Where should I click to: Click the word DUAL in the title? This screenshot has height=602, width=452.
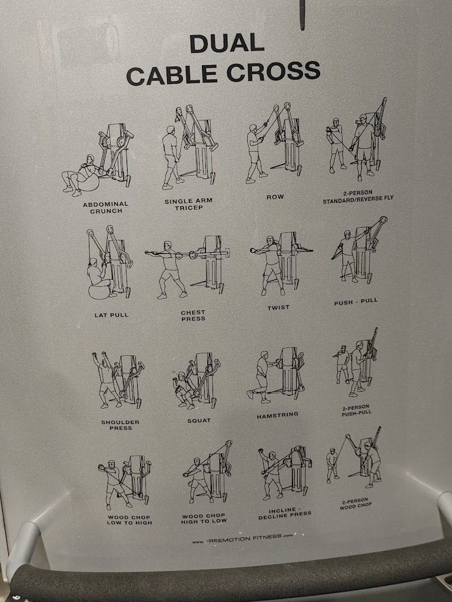coord(227,44)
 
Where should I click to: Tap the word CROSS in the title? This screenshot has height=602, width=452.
coord(273,72)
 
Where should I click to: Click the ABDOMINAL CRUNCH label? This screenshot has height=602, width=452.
coord(106,208)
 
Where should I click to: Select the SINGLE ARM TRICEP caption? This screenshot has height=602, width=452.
coord(188,204)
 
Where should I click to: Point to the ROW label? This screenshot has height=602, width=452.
coord(275,197)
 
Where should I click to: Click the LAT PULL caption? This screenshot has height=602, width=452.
coord(111,315)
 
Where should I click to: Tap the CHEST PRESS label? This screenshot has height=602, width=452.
coord(193,316)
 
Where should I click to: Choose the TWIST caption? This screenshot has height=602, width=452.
coord(278,307)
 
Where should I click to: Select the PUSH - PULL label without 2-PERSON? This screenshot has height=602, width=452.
coord(356,302)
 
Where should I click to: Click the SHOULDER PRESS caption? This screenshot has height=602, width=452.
coord(120,425)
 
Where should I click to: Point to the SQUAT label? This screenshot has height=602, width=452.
coord(199,421)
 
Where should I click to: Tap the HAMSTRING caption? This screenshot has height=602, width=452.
coord(278,415)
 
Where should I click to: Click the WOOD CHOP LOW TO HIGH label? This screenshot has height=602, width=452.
coord(129,520)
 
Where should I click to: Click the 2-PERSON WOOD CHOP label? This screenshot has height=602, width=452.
coord(355,504)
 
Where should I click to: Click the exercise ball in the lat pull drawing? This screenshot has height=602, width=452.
coord(99,290)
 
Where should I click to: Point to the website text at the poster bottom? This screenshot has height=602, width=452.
coord(242,539)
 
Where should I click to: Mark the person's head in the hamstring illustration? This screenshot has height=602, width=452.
coord(264,354)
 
